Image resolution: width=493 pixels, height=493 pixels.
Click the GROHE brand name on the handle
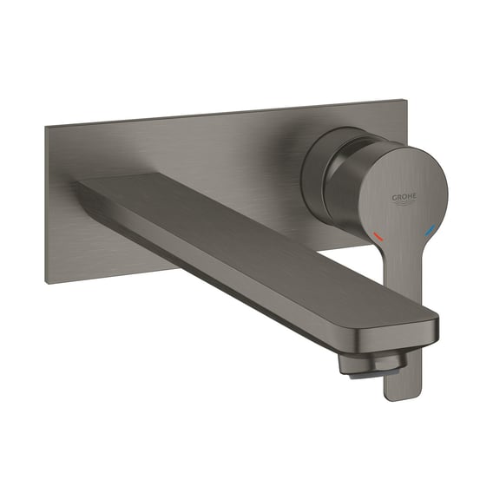click(404, 197)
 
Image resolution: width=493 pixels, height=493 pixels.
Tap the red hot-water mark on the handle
click(378, 236)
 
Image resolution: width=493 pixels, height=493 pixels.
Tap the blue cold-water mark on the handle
click(430, 231)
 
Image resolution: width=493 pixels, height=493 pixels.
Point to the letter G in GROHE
click(394, 198)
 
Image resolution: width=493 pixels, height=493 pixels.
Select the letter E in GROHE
click(414, 196)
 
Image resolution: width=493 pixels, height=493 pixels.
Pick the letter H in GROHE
click(410, 197)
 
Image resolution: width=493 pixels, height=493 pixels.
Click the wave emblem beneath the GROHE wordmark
click(404, 204)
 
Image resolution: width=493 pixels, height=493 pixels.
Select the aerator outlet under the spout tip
click(371, 366)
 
